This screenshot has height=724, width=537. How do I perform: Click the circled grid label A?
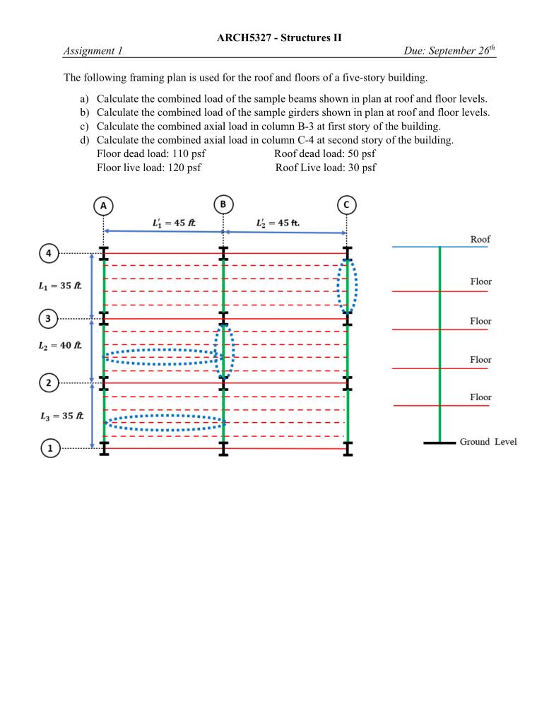[104, 205]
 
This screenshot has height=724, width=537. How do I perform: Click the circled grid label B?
[223, 204]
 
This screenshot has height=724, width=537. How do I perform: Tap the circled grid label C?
[346, 205]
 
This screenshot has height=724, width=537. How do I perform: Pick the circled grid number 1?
[49, 448]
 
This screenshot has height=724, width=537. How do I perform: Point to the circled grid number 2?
[49, 383]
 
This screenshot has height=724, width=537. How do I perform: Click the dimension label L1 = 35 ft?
[60, 286]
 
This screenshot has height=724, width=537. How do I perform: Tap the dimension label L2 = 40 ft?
[60, 346]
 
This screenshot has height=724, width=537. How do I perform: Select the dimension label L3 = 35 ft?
[60, 416]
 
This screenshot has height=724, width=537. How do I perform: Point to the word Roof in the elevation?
[480, 240]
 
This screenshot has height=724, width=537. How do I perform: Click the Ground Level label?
[488, 442]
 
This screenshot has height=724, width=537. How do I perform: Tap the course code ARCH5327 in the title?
[244, 37]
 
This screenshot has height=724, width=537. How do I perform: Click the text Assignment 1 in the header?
[93, 51]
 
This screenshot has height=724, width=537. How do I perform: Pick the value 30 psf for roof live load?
[359, 168]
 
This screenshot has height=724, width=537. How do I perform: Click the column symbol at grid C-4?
[346, 253]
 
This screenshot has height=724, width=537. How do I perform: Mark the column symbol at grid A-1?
[104, 448]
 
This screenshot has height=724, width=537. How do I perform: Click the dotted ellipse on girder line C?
[347, 286]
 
